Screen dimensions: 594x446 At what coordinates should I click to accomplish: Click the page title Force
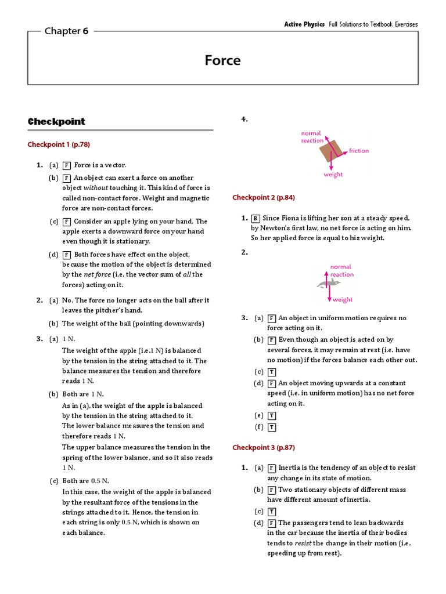coord(223,60)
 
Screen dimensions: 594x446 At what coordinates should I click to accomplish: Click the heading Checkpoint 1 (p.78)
coord(59,144)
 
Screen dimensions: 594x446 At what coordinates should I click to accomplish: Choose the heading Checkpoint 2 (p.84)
coord(264,197)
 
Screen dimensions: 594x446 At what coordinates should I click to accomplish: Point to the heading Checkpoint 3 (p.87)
coord(264,447)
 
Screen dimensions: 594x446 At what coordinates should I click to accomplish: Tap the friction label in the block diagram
coord(358,151)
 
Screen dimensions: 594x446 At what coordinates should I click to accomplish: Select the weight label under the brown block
coord(333,175)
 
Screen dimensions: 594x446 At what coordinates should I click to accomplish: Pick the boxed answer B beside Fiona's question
coord(256,218)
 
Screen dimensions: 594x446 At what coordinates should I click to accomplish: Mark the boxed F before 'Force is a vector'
coord(67,165)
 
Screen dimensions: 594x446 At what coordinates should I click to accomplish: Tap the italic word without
coord(95,188)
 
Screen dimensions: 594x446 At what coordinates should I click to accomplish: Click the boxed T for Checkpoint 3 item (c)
coord(271,512)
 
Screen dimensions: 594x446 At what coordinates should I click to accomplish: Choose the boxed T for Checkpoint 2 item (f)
coord(271,428)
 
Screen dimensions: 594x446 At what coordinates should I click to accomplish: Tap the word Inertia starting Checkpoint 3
coord(290,468)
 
